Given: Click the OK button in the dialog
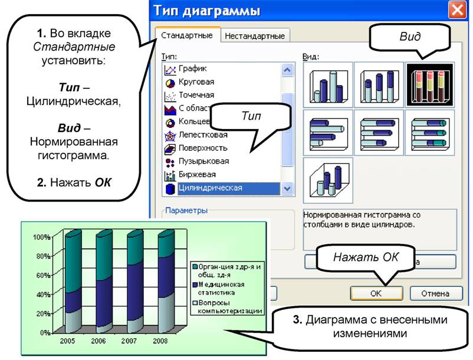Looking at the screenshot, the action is point(376,293).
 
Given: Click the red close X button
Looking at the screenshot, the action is point(456,10).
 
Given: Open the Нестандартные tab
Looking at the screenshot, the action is point(255,36).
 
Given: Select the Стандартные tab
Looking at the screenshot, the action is point(187,35).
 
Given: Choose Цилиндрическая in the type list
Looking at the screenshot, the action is point(211,188).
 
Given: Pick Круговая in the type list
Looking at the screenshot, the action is point(196,82).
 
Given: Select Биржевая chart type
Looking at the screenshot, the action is point(197,174).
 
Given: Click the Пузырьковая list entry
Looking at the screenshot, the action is point(203,161).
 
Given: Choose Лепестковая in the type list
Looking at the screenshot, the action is point(203,135).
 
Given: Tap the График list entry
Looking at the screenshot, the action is point(192,69).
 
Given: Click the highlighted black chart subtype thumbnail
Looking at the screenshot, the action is point(430,85).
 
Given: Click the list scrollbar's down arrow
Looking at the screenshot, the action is point(287,189).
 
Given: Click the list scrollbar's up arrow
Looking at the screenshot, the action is point(287,70).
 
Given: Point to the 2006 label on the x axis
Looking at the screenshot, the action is point(98,341).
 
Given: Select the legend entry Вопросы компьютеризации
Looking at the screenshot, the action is point(227,307).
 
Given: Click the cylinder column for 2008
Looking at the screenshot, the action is point(166,281).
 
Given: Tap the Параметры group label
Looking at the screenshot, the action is point(186,210).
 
